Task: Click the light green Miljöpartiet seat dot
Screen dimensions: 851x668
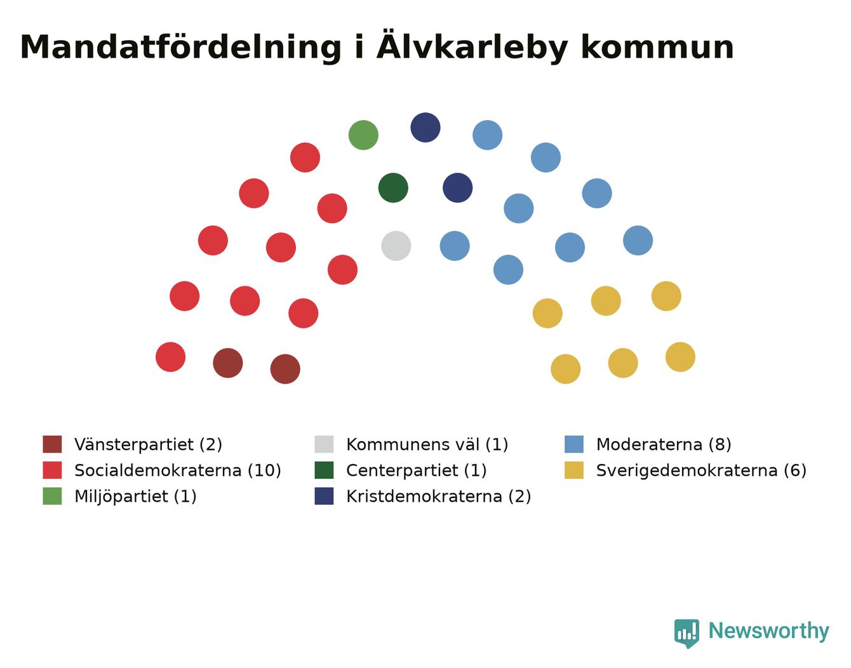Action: point(363,135)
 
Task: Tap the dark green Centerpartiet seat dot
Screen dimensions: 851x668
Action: point(393,187)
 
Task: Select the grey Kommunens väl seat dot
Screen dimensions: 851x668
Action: point(396,246)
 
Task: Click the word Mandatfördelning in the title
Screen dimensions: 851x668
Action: point(180,48)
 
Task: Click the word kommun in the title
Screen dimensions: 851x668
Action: point(657,48)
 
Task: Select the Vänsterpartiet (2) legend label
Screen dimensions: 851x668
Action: point(148,444)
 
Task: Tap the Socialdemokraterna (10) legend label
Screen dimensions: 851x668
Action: point(178,471)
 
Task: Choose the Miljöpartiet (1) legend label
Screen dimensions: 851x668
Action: point(135,496)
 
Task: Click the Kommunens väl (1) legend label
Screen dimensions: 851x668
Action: point(427,444)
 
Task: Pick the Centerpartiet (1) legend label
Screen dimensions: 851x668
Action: point(417,471)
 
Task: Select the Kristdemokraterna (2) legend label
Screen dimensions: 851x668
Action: point(439,496)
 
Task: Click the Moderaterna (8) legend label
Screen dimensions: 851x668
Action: point(664,444)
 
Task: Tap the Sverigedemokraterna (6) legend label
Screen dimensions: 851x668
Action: point(701,471)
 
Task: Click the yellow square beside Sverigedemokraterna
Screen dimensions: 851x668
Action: point(573,471)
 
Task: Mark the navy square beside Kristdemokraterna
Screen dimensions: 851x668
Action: point(324,496)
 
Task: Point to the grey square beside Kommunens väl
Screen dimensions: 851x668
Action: point(324,444)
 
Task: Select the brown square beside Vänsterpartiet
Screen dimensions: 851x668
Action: point(52,444)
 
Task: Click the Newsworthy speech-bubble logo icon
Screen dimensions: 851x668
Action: point(687,634)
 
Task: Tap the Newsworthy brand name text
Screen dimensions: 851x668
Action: point(769,631)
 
